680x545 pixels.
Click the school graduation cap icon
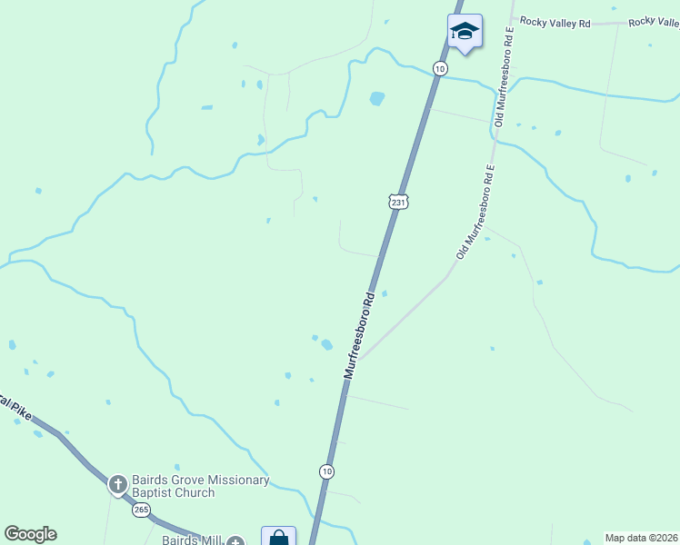tap(465, 32)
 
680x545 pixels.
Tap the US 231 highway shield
tap(397, 203)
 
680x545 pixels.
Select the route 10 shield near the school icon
tap(440, 69)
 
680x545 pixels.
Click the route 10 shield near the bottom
tap(326, 471)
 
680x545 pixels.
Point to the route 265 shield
tap(141, 510)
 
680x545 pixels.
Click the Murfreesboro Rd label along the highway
tap(359, 335)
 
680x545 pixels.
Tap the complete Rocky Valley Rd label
tap(555, 21)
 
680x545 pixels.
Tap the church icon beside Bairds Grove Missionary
tap(117, 484)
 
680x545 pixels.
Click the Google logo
tap(30, 534)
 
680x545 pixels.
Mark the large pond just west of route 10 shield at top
tap(376, 98)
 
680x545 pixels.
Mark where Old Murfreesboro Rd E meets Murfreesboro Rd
tap(358, 359)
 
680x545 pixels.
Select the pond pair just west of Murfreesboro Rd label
tap(323, 342)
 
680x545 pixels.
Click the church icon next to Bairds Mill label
tap(235, 542)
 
